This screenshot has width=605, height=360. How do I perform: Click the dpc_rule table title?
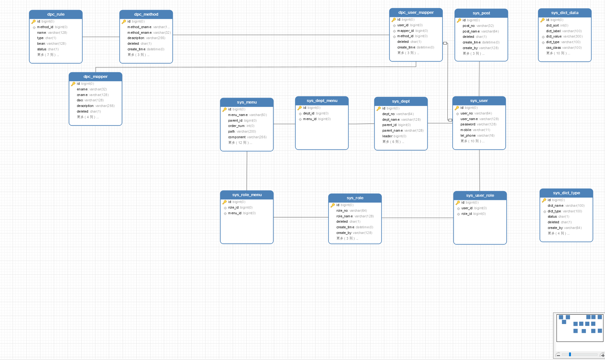tap(56, 14)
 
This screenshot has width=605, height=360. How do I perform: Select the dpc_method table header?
tap(146, 14)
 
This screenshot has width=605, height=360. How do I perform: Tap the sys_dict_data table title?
tap(565, 13)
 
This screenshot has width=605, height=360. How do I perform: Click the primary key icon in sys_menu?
tap(224, 109)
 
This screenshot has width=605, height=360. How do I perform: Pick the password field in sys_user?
tap(478, 124)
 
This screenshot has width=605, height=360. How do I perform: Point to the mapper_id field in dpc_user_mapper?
tap(412, 31)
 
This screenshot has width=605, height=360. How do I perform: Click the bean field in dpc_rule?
tap(52, 43)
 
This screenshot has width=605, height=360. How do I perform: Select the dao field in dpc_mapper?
tap(90, 100)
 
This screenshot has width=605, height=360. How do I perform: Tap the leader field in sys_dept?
tap(394, 136)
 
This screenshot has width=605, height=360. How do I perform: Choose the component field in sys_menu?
tap(247, 137)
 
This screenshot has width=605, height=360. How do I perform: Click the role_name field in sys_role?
tap(355, 216)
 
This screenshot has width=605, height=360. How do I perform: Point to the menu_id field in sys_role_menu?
tap(242, 213)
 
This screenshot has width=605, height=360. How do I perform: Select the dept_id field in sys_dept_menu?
tap(315, 113)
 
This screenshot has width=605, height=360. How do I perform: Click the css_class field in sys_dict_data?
tap(564, 48)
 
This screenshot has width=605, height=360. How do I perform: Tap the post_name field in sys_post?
tap(481, 31)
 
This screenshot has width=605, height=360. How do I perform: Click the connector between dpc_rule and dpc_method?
tap(101, 37)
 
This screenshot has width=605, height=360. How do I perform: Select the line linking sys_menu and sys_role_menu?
tap(247, 171)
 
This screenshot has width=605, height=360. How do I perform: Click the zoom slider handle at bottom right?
tap(570, 354)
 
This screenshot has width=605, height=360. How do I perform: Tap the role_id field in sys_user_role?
tap(473, 214)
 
